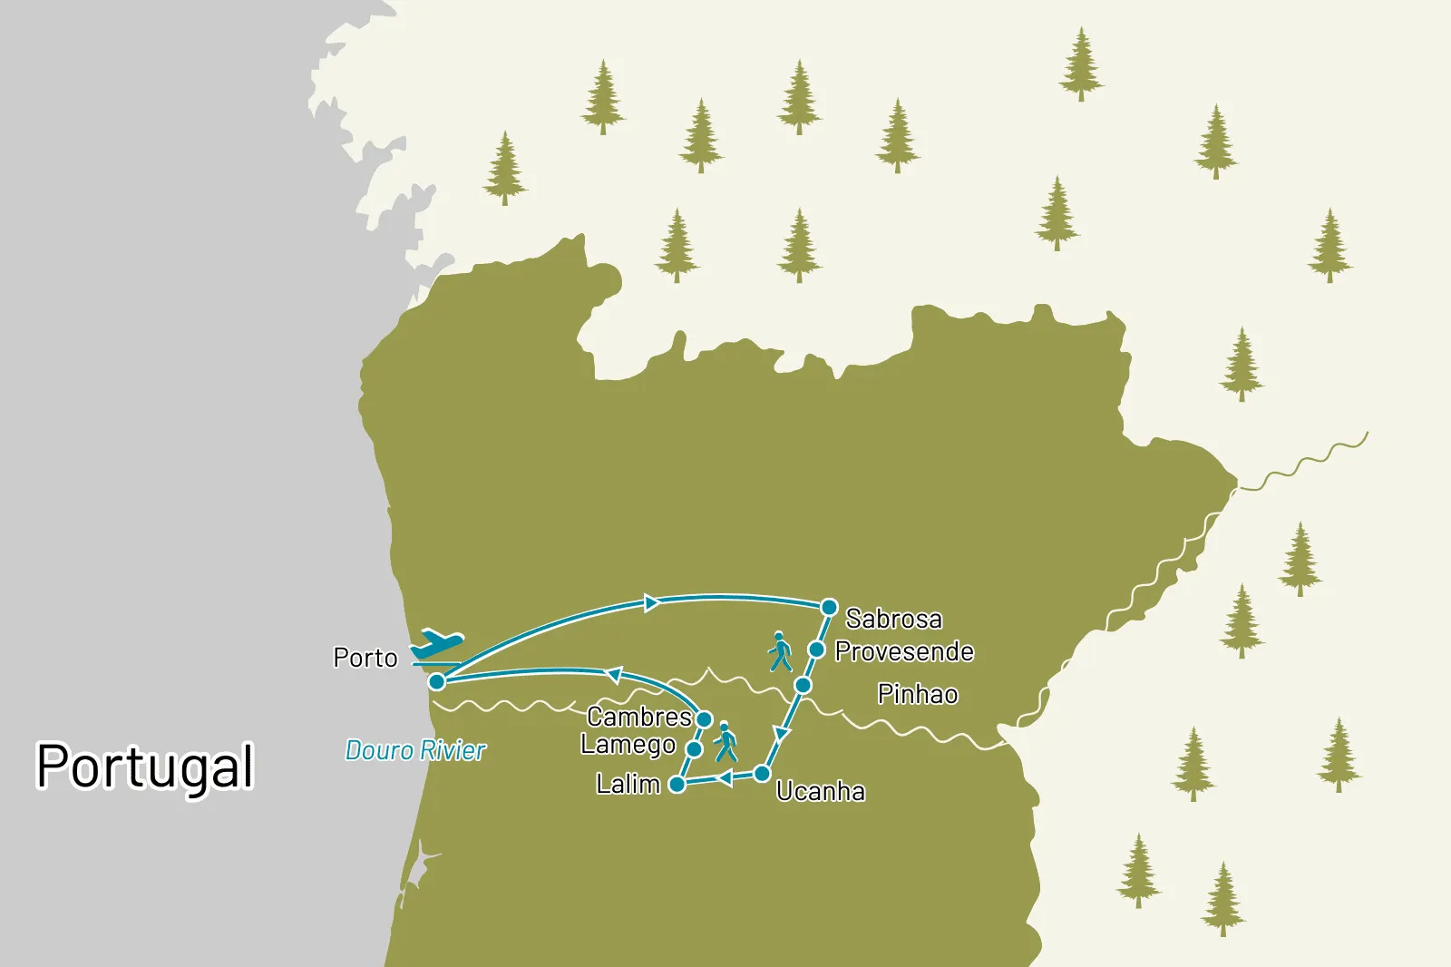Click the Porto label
point(365,658)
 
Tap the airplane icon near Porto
point(437,645)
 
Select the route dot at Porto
point(437,681)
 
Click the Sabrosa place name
point(893,619)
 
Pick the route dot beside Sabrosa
point(828,607)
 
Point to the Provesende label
point(904,651)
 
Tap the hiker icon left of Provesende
point(780,651)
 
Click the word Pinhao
point(917,694)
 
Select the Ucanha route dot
point(763,774)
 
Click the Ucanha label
point(821,792)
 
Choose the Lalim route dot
point(677,785)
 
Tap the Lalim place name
point(628,784)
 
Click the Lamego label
point(628,745)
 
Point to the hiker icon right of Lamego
point(725,742)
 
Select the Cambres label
point(639,717)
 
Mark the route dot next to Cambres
point(704,719)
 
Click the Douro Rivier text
point(415,750)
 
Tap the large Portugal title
point(145,767)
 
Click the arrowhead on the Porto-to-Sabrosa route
point(650,603)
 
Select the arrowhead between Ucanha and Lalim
point(725,778)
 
